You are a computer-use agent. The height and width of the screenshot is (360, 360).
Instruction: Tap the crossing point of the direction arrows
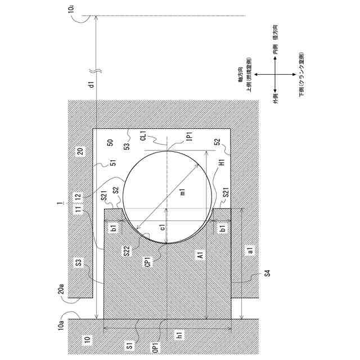coord(274,75)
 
